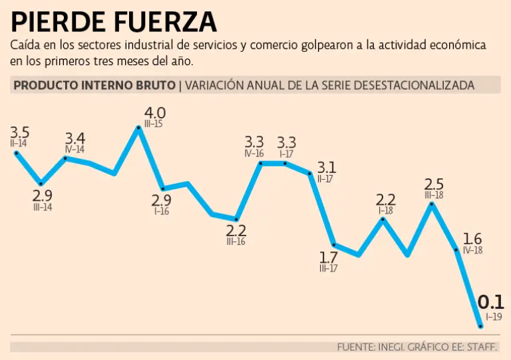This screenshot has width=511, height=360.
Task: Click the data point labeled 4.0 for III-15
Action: point(139,127)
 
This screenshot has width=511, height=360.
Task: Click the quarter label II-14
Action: point(19,142)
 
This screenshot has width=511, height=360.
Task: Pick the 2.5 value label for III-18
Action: point(433,184)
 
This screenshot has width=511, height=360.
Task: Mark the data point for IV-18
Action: point(456,250)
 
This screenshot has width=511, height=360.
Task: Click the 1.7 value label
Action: point(328,257)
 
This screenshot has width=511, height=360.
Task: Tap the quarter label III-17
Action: point(328,268)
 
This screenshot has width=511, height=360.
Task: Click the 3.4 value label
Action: point(75,138)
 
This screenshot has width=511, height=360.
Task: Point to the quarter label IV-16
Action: point(254,153)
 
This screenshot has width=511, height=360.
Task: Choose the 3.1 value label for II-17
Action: point(326,166)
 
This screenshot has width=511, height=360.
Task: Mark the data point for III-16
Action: point(236,219)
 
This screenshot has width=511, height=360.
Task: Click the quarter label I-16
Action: point(161,212)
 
